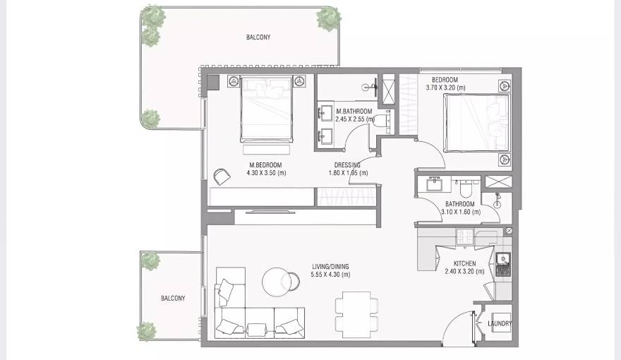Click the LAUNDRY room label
tap(500, 324)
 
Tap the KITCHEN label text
tap(464, 264)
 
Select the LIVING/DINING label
tap(330, 267)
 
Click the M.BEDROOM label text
tap(265, 165)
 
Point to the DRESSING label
tap(348, 165)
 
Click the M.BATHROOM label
tap(354, 112)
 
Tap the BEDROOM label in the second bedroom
tap(445, 80)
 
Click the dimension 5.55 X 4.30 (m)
tap(330, 275)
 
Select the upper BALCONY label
tap(258, 37)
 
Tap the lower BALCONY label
tap(173, 299)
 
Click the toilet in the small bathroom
tap(466, 188)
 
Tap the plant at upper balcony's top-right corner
tap(327, 18)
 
